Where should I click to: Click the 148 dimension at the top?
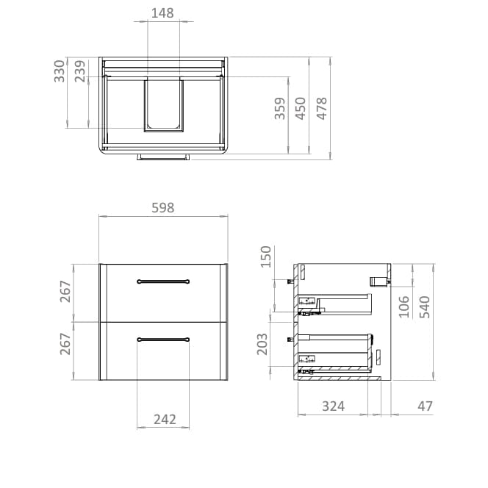162,12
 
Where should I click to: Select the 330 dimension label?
60,72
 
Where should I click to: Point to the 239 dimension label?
80,72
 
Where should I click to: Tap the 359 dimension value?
280,108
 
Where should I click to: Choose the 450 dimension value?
301,108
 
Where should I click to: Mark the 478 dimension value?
321,108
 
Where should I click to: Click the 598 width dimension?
162,208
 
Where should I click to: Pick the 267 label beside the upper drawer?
65,292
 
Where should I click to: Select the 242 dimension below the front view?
165,419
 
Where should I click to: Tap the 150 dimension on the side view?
266,257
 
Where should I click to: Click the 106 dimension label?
403,306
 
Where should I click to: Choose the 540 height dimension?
424,306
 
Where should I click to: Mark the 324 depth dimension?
334,406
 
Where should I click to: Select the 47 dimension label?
425,406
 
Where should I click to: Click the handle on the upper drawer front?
164,281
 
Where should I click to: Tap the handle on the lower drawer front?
164,339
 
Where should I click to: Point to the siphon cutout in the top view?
163,104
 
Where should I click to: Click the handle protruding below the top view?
163,157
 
